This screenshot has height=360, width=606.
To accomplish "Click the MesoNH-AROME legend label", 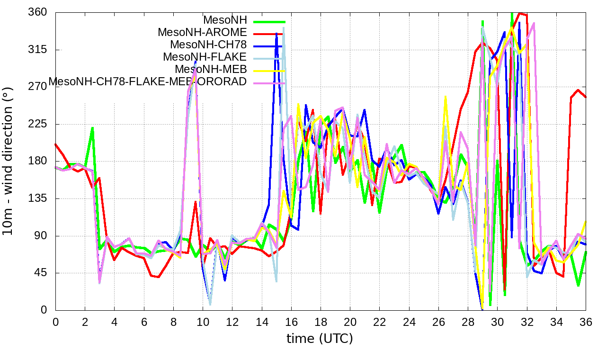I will click(x=202, y=33).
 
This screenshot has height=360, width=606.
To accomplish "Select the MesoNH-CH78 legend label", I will click(x=208, y=45).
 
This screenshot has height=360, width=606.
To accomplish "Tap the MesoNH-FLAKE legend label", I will click(x=205, y=57).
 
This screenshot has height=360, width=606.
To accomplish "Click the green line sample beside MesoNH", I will click(x=269, y=21).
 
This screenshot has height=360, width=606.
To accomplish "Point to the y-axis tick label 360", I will click(x=38, y=12).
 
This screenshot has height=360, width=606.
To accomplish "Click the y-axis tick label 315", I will click(x=38, y=50).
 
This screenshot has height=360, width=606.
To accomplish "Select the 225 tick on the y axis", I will click(x=38, y=124).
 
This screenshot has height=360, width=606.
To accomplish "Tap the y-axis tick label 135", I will click(x=38, y=198).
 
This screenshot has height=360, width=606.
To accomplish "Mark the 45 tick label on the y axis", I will click(x=41, y=273).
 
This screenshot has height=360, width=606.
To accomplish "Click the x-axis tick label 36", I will click(x=586, y=322).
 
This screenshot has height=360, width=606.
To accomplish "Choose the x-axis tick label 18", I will click(x=321, y=322).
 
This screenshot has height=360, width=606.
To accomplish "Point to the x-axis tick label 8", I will click(x=173, y=322).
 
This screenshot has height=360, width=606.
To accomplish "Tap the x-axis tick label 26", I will click(x=438, y=322).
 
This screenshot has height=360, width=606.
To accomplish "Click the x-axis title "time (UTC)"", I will click(x=320, y=339).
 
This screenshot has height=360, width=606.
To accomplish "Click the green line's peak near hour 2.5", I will click(x=92, y=127).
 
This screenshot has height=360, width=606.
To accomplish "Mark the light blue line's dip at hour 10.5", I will click(x=210, y=304).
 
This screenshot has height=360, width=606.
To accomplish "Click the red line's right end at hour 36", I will click(x=586, y=98).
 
